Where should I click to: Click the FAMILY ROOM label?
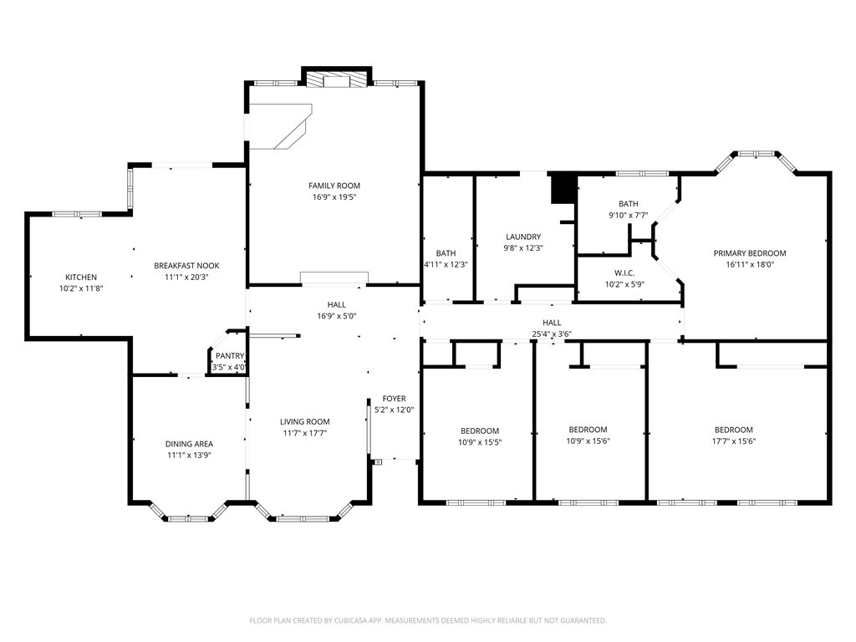point(334,186)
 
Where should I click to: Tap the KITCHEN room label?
point(81,278)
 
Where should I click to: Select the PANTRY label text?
point(230,356)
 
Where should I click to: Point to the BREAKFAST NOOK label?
point(186,266)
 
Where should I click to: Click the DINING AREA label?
point(190,444)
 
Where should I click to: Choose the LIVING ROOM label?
point(305,421)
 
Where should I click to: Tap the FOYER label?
point(395,399)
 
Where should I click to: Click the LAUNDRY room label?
point(523,237)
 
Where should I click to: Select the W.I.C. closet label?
point(624,273)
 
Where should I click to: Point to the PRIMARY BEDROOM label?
point(750,253)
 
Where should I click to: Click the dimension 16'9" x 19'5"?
point(334,197)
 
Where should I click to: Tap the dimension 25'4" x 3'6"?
point(552,334)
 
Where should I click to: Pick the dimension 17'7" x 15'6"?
point(734,441)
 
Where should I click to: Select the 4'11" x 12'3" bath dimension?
point(446,264)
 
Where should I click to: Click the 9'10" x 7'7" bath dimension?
point(629,215)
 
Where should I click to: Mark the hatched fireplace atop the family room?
point(336,79)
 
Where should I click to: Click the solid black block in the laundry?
point(563,189)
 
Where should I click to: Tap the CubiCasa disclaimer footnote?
point(428,620)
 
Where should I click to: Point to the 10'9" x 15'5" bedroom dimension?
point(480,442)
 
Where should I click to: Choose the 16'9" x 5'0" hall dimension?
point(337,316)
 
